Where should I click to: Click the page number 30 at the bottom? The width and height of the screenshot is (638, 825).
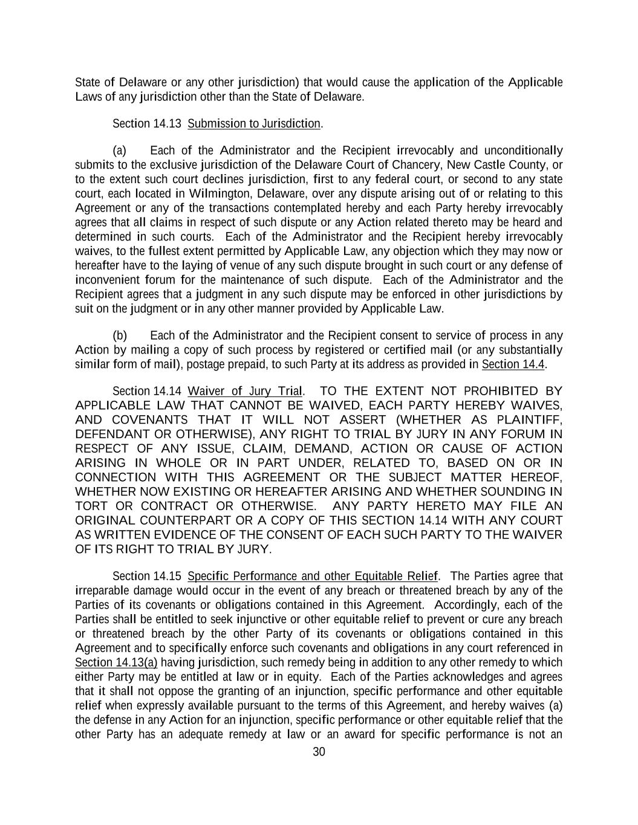pos(319,752)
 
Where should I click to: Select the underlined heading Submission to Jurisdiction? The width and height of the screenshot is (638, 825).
pos(254,124)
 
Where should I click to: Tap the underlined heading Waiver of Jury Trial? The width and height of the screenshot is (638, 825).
pos(245,391)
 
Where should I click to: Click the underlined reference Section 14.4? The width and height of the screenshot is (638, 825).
pos(513,364)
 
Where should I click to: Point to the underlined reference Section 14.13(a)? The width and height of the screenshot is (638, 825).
pos(116,662)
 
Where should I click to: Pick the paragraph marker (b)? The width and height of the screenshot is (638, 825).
pos(120,335)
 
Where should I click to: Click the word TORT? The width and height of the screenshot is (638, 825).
pos(91,506)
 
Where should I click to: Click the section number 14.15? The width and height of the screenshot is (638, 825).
pos(167,576)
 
